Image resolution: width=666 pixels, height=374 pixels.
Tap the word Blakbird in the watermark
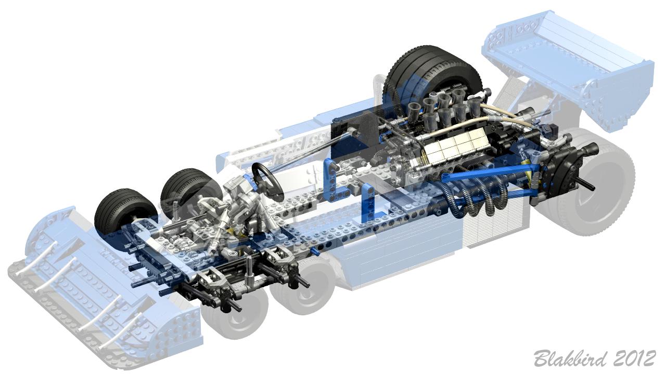point(569,359)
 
